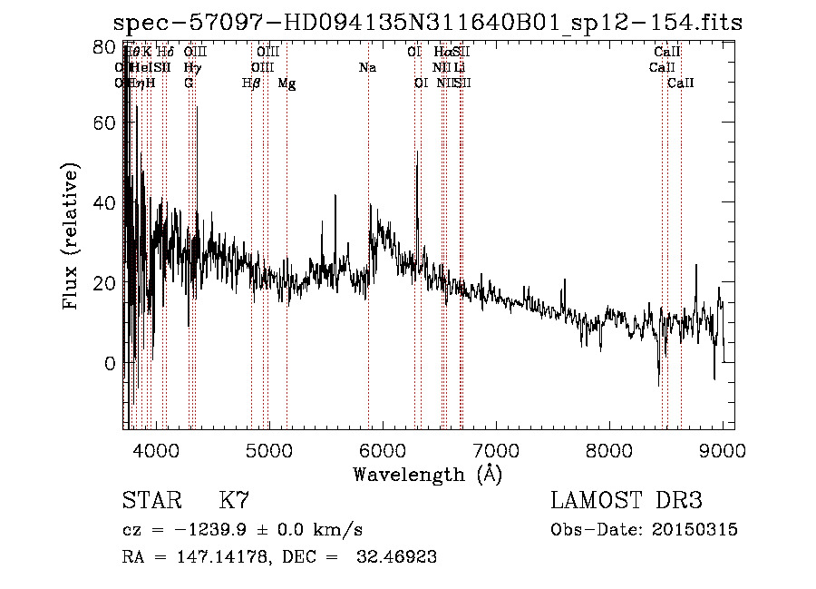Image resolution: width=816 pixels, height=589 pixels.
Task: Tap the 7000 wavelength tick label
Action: click(496, 449)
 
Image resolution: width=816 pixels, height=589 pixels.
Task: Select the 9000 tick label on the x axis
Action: click(723, 449)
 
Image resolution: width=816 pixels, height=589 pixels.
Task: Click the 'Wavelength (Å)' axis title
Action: click(427, 474)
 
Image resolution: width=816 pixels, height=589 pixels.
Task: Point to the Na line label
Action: click(367, 68)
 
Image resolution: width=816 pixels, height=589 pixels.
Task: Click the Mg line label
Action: click(287, 83)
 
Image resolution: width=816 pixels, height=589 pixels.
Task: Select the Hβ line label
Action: click(251, 83)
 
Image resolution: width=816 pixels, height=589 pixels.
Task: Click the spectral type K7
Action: click(234, 501)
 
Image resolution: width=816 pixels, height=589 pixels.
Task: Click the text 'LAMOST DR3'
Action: click(627, 501)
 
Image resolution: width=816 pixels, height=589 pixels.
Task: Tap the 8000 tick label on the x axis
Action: click(609, 449)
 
